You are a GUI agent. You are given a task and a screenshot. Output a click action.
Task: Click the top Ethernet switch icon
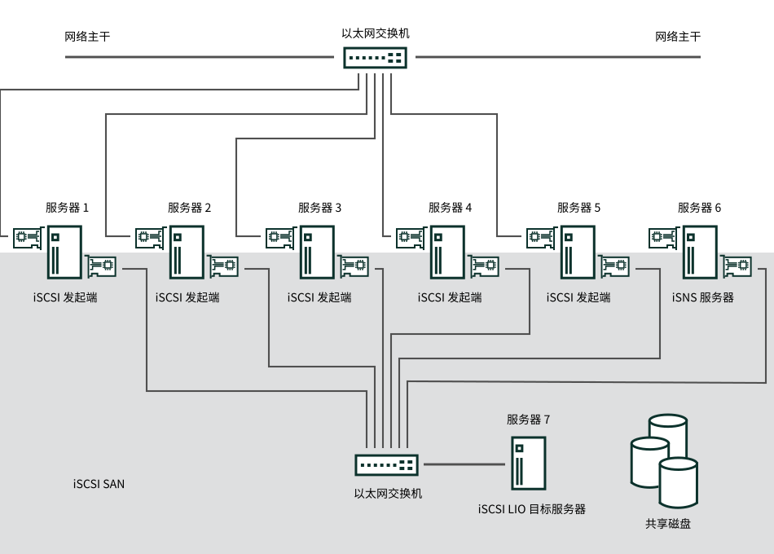click(x=375, y=58)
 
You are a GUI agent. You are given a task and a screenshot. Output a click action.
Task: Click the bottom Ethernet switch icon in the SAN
click(x=386, y=464)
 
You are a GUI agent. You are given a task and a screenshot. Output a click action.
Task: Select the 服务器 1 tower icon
click(x=64, y=253)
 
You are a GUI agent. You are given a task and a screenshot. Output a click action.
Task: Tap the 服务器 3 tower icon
click(x=318, y=253)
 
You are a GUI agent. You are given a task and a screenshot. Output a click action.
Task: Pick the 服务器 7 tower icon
click(x=528, y=463)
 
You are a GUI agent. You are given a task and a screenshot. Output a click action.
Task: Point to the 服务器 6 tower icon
click(x=700, y=253)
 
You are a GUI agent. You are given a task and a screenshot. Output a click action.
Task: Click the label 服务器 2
click(x=189, y=208)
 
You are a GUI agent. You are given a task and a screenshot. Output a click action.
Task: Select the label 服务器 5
click(x=578, y=208)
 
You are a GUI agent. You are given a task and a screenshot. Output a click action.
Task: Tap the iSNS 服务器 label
click(x=703, y=297)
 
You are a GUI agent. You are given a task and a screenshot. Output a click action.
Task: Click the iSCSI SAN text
click(x=99, y=484)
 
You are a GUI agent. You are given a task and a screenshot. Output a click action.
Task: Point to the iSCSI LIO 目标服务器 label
click(x=532, y=509)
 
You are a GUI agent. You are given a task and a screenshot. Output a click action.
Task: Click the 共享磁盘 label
click(x=668, y=523)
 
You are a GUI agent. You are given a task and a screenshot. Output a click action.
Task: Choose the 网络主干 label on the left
click(x=87, y=37)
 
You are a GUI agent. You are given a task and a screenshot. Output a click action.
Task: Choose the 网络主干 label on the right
click(x=678, y=37)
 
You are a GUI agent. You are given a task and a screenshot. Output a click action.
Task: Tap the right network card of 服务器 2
click(x=223, y=266)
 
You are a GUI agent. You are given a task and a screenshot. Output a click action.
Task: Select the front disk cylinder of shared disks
click(x=678, y=482)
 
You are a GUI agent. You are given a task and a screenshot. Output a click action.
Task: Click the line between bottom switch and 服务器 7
click(x=464, y=464)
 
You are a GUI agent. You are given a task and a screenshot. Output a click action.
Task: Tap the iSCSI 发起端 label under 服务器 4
click(x=450, y=297)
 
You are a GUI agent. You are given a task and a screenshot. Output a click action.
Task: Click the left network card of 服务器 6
click(x=664, y=238)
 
